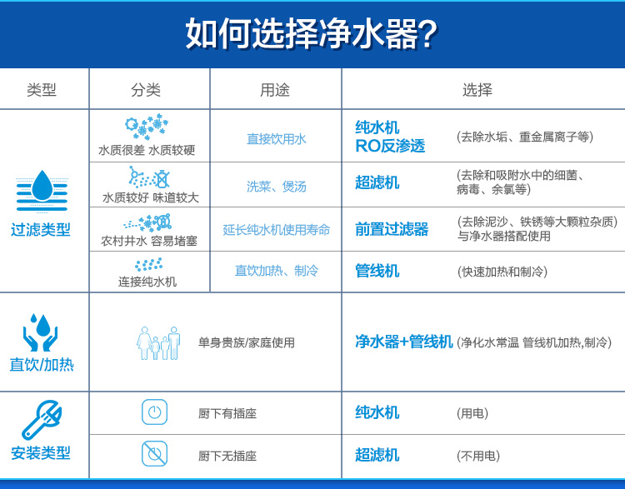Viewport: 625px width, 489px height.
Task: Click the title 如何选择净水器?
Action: (x=312, y=33)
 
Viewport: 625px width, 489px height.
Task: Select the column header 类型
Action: (x=42, y=90)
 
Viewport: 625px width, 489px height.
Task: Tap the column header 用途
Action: (x=275, y=90)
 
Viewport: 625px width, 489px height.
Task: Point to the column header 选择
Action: (x=477, y=90)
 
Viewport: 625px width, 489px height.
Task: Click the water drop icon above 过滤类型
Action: (x=42, y=191)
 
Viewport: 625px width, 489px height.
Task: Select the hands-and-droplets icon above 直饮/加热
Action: (x=41, y=332)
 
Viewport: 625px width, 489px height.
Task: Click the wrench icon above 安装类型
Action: (x=42, y=420)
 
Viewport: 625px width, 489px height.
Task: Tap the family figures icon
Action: (x=158, y=343)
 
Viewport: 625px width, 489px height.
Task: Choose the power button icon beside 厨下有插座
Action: (x=155, y=412)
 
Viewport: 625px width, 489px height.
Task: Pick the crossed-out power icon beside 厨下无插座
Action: (x=155, y=453)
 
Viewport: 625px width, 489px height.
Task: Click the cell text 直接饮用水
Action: (x=276, y=138)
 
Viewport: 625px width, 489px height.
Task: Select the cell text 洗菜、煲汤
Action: (x=276, y=186)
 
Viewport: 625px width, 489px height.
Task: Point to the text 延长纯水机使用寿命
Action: (x=276, y=230)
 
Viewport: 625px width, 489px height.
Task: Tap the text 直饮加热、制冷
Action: (x=276, y=271)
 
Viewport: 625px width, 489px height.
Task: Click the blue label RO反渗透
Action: (x=390, y=146)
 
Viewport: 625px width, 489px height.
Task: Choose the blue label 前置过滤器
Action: (x=392, y=229)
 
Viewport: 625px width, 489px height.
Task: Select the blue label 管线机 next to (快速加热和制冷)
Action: (x=377, y=271)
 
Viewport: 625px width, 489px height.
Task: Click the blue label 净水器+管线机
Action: (x=404, y=342)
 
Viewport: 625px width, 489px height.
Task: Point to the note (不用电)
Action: (x=478, y=456)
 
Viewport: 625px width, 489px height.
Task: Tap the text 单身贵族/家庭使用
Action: (x=247, y=342)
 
